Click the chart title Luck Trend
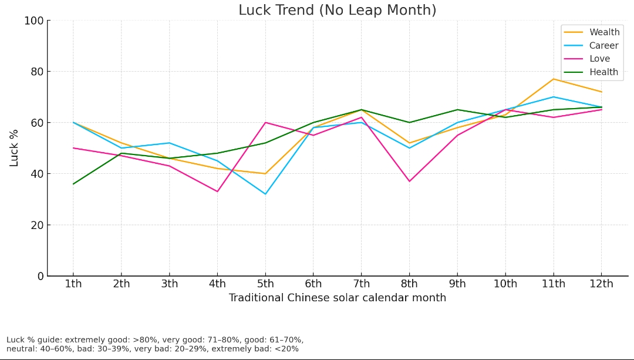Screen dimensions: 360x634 [337, 11]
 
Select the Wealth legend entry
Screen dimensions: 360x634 [604, 32]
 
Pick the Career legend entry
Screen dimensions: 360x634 [603, 46]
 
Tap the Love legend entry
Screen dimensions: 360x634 [599, 59]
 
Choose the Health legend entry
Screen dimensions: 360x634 [603, 72]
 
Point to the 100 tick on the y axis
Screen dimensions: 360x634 [33, 21]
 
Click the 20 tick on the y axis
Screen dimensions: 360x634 [37, 225]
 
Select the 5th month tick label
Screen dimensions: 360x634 [265, 284]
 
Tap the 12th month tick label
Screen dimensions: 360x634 [601, 284]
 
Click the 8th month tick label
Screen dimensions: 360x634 [409, 284]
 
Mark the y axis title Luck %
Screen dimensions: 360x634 [15, 148]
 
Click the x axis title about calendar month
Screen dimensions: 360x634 [337, 298]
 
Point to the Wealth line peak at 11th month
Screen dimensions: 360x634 [553, 79]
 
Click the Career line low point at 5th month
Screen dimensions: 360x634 [265, 194]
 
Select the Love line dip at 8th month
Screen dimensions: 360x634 [409, 181]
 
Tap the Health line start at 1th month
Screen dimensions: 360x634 [73, 184]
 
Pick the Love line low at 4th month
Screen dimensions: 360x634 [217, 191]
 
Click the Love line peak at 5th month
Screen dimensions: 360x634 [265, 122]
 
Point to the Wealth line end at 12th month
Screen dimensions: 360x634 [601, 92]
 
